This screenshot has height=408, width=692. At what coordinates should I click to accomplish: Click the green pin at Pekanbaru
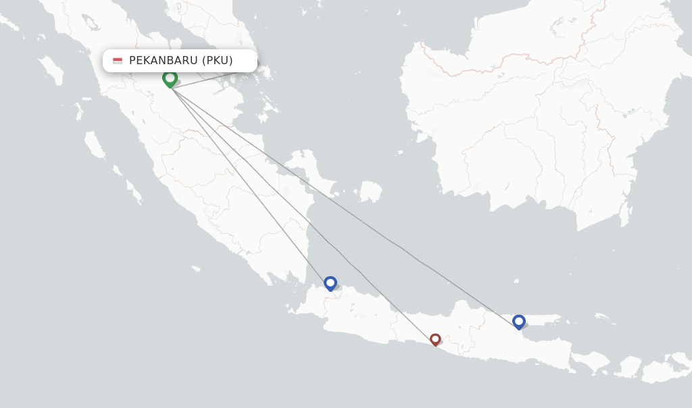click(x=170, y=78)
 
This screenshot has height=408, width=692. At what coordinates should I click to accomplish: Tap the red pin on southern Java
click(x=435, y=339)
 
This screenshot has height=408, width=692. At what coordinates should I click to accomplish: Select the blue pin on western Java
click(x=330, y=283)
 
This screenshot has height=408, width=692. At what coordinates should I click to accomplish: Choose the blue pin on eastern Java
click(x=518, y=322)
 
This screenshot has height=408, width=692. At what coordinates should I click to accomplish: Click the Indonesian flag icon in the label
click(x=118, y=61)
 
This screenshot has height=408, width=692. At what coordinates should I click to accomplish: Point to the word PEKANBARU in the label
click(x=164, y=61)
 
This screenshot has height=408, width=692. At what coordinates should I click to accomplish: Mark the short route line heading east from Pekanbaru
click(x=203, y=80)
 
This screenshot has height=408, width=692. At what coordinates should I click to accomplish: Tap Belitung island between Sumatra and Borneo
click(x=370, y=191)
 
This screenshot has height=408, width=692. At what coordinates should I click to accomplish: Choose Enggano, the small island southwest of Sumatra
click(x=195, y=269)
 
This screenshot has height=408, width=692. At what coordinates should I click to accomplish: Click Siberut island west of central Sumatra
click(x=95, y=144)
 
